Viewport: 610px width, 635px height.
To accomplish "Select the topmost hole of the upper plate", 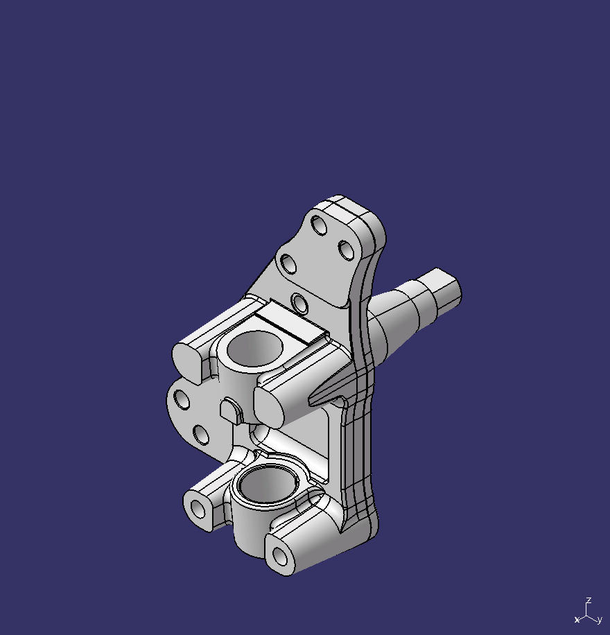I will click(x=319, y=225).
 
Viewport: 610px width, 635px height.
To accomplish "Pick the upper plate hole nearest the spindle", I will click(x=346, y=250).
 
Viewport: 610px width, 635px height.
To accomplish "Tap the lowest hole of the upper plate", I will click(x=300, y=303).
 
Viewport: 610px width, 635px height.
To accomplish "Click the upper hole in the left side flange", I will click(x=182, y=399).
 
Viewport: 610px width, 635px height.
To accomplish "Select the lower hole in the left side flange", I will click(x=201, y=435).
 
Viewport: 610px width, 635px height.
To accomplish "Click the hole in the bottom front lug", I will click(x=279, y=556).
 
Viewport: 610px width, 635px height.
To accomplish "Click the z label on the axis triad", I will click(x=589, y=600).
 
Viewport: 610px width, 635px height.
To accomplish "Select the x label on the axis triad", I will click(x=577, y=620).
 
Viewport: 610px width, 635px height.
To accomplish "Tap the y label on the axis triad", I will click(x=600, y=620).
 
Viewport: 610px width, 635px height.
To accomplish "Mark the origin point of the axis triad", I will click(x=587, y=614).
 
